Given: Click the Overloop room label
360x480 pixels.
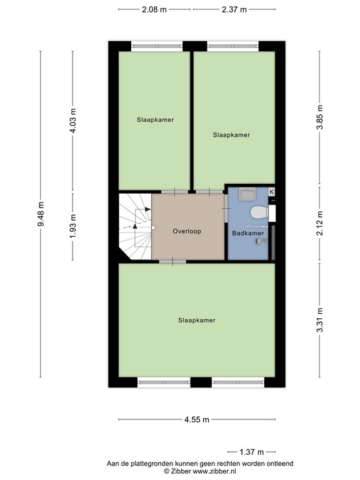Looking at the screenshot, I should point(187,231).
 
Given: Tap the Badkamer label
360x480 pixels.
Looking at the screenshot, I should point(247,233).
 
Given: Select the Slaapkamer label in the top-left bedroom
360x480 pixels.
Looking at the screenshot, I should point(155,119).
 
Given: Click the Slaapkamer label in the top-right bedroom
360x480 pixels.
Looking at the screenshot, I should point(231,134).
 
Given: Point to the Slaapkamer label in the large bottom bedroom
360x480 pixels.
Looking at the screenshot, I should point(196,320).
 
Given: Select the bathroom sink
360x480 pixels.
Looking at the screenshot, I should point(247,194).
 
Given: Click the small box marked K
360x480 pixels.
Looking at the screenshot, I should point(271,192).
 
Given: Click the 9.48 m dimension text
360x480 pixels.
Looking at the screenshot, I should point(41,214).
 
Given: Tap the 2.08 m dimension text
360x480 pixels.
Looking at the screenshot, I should point(154,9).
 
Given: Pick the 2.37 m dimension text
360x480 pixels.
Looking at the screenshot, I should point(234,9).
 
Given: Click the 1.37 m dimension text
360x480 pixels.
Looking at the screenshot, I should point(252,451).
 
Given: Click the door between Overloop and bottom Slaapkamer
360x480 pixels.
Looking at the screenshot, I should point(172,262).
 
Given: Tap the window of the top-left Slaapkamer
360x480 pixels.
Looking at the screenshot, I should point(156,46).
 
